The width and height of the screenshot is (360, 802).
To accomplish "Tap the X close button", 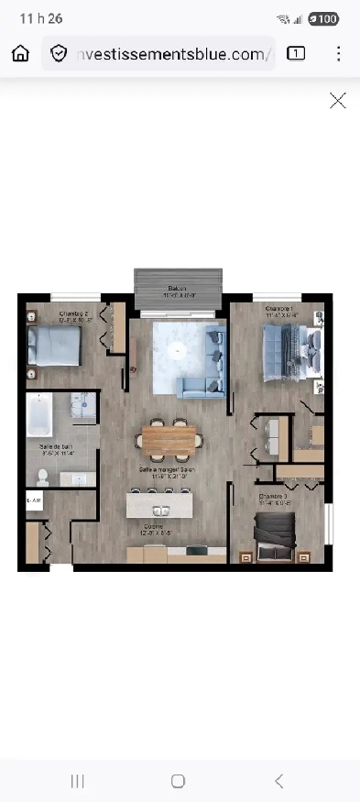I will pos(338,101).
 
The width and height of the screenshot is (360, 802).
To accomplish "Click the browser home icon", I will pos(20,53).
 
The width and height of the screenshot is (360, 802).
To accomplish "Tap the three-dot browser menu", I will pos(338,53).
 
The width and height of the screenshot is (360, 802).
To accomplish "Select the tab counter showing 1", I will pos(296,53).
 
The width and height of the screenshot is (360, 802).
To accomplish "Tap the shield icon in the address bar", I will pos(60,54).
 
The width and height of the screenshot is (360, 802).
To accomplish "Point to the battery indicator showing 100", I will pos(323,18).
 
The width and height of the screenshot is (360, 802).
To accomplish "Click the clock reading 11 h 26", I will pos(34,18).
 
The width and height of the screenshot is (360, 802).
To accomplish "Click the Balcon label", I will pos(179,289).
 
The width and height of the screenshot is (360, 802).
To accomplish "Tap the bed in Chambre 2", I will pos(52,346).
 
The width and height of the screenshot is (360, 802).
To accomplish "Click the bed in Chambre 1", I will pos(292,351).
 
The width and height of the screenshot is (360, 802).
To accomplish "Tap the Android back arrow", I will pos(279,781).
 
